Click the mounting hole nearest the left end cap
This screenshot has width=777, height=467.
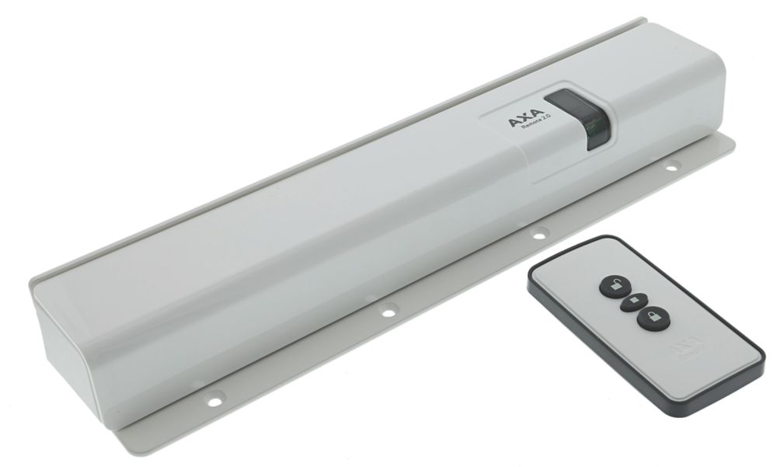coord(209,399)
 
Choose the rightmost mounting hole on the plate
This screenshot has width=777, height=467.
coord(671,165)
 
